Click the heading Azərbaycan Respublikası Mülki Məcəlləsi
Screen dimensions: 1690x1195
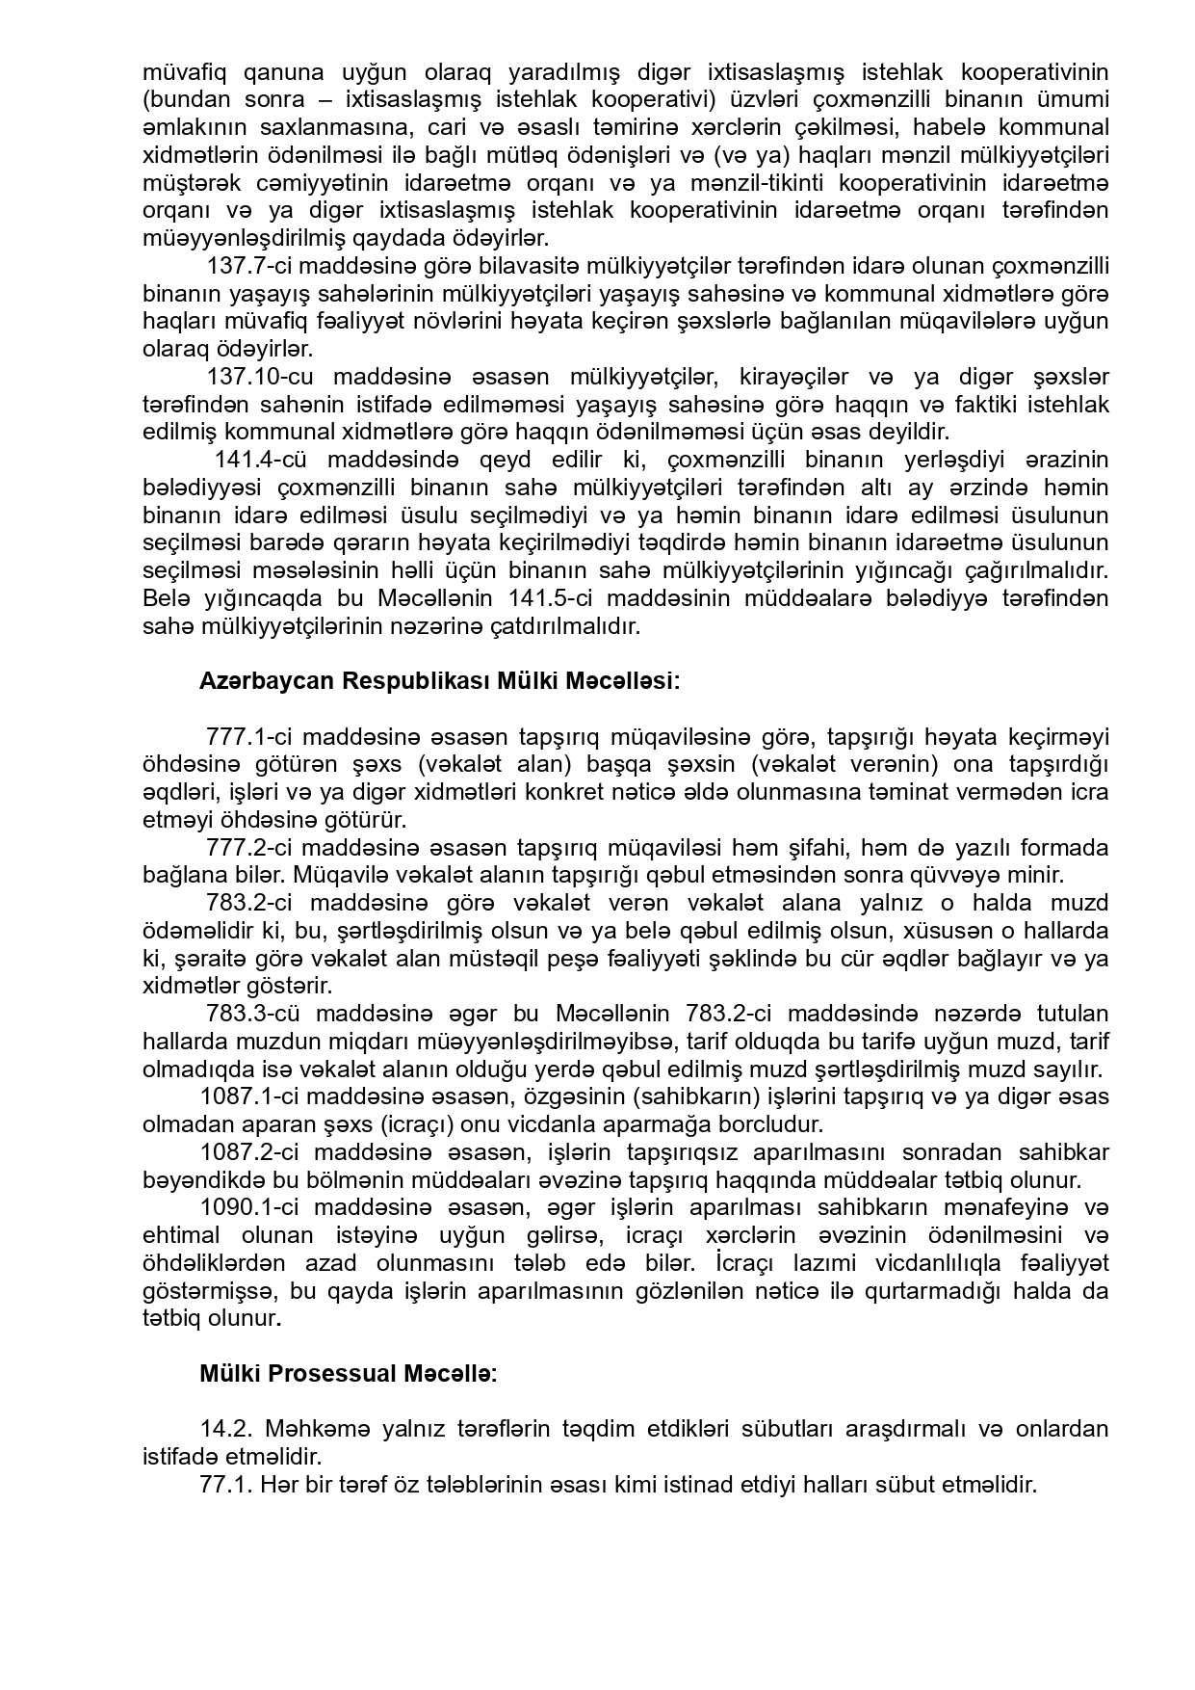(439, 681)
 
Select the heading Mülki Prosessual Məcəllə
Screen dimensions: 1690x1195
(349, 1373)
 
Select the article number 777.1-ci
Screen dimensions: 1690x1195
(249, 737)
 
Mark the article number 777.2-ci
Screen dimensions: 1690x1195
(249, 848)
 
